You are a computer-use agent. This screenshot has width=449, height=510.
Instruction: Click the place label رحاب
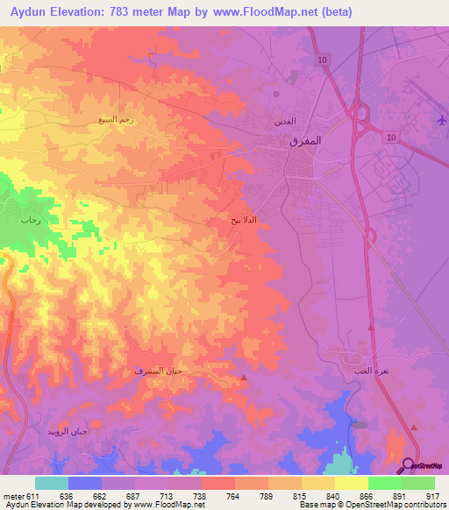coord(32,221)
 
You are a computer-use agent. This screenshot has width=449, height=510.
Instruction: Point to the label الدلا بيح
coord(243,220)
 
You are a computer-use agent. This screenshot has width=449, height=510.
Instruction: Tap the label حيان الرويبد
coord(68,432)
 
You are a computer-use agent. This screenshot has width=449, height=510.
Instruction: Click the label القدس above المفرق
coord(286,120)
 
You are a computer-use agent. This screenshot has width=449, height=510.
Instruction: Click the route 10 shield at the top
coord(324,59)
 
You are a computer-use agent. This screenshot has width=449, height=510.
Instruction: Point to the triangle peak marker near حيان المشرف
coord(244,377)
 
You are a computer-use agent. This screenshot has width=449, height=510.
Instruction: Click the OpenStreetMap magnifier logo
coord(408,465)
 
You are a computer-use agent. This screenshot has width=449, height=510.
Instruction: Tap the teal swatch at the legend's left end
coord(52,483)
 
